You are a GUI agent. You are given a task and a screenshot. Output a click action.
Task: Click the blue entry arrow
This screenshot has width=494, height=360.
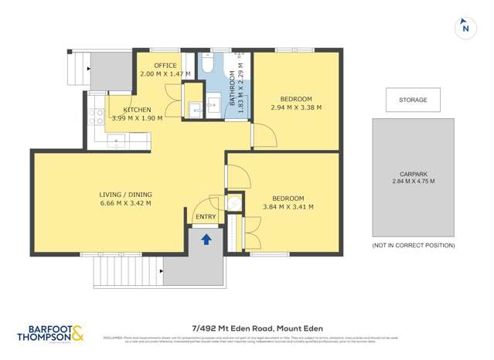click(x=206, y=239)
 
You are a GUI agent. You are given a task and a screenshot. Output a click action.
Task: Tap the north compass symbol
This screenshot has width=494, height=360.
click(x=465, y=27)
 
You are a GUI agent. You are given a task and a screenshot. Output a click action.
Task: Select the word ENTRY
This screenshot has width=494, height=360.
click(x=206, y=217)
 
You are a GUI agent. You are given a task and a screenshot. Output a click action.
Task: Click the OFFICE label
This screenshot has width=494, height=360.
click(x=165, y=66)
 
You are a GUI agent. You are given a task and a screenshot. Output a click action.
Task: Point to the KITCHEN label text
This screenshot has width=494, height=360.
click(x=136, y=110)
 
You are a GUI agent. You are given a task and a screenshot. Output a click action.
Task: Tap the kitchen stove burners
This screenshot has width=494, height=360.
click(x=97, y=117)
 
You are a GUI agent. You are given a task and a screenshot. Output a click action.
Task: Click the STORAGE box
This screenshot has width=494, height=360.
click(x=413, y=100)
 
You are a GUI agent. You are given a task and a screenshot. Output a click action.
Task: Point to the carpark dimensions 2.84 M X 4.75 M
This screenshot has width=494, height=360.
click(x=413, y=182)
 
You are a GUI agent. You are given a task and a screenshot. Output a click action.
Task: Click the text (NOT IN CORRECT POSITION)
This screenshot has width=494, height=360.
click(x=413, y=245)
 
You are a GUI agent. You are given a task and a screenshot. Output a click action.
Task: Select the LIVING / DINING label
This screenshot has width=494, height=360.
click(x=124, y=194)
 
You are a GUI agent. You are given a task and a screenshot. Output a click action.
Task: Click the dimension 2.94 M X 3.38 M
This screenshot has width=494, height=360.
click(x=295, y=108)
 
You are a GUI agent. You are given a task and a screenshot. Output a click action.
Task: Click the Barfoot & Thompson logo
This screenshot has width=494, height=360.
click(x=52, y=334)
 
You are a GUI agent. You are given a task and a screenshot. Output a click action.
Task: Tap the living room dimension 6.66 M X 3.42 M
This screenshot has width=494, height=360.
click(x=124, y=203)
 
